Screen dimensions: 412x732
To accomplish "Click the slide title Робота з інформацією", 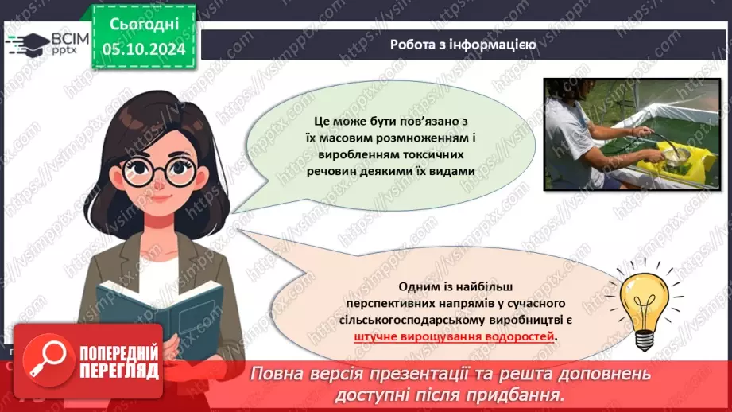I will tap(462, 45).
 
